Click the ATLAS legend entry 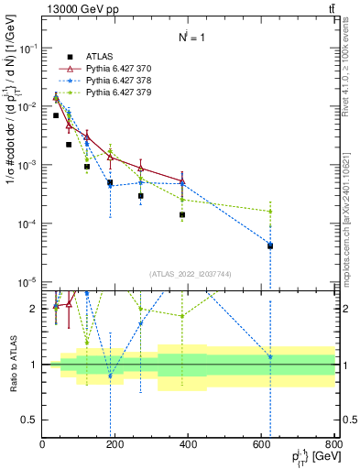pos(99,56)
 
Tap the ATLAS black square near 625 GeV pos(270,245)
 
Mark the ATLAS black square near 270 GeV pos(141,196)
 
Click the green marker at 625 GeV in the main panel pos(270,212)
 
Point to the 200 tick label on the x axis pos(115,446)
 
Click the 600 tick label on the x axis pos(262,446)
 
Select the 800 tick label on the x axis pos(334,446)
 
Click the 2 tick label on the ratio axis pos(36,309)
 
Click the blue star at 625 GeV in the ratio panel pos(270,357)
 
